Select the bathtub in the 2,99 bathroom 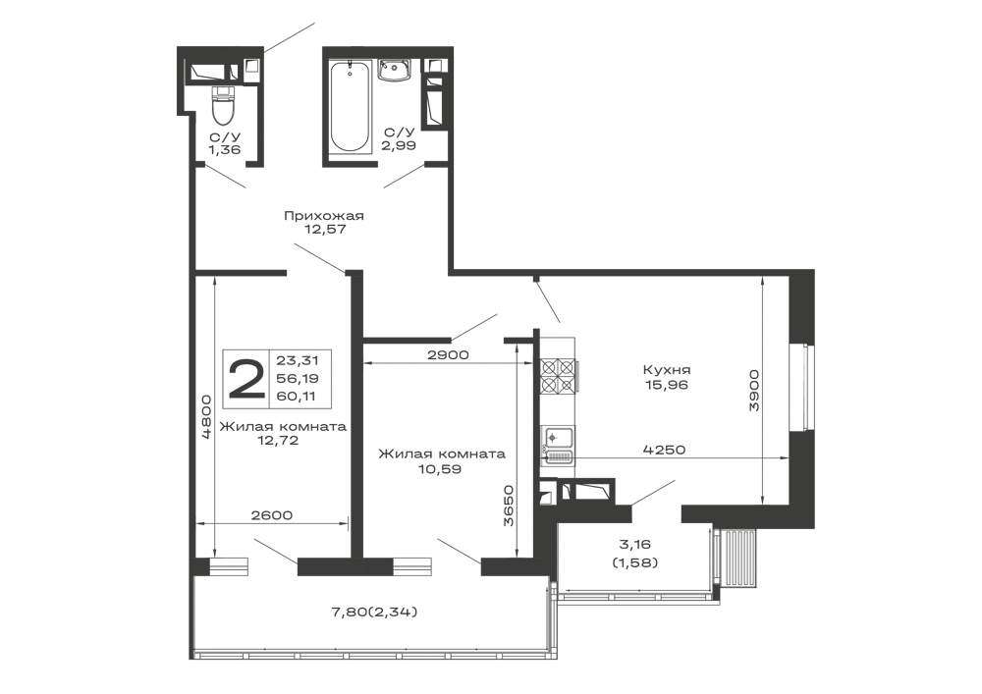click(350, 107)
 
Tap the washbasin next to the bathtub click(394, 70)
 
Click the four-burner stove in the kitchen click(558, 375)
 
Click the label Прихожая click(324, 216)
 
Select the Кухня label click(667, 370)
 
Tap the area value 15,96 click(667, 384)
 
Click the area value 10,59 click(441, 467)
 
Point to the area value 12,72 click(278, 440)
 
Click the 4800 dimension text click(206, 418)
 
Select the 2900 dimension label click(448, 354)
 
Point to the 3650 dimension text click(508, 505)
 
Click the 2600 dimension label click(272, 515)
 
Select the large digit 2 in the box click(246, 379)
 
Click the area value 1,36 click(225, 149)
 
